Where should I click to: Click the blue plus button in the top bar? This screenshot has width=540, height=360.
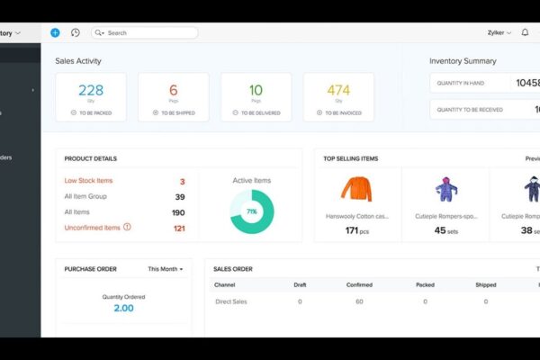click(55, 32)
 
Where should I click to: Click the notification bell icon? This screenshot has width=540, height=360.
click(525, 32)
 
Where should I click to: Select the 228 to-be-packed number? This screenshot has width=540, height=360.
click(91, 90)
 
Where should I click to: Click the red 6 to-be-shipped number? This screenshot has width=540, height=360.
click(174, 90)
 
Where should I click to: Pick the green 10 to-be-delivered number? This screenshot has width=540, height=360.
click(256, 90)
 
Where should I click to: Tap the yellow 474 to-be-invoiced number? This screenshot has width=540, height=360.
click(338, 90)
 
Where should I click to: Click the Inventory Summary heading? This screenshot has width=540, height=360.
click(463, 61)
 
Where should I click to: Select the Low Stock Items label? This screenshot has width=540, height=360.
click(87, 182)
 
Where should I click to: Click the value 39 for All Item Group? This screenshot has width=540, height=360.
click(180, 197)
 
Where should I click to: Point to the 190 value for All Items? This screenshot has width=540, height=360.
click(178, 212)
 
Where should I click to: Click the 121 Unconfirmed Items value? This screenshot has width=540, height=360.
click(179, 228)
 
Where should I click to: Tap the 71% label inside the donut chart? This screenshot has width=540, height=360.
click(252, 211)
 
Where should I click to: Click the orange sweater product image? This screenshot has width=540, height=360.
click(356, 189)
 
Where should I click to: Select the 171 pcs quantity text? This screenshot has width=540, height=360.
click(357, 230)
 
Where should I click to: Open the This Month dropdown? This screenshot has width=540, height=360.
click(166, 269)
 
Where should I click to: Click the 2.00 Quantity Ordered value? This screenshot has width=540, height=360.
click(123, 308)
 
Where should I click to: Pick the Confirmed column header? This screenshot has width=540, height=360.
click(359, 284)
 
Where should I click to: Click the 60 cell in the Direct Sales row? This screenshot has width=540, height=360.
click(359, 301)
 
